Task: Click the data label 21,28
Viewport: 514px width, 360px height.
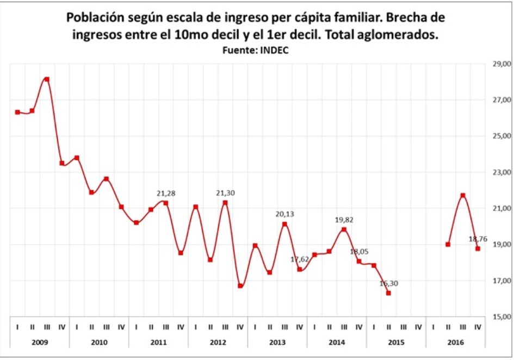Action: [166, 193]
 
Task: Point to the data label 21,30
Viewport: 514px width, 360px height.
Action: [225, 193]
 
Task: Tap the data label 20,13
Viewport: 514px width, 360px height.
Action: [284, 214]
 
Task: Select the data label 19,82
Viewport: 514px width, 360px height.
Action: [344, 219]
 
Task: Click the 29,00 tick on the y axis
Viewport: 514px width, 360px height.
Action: [501, 64]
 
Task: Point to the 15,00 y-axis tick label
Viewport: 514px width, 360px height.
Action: [501, 316]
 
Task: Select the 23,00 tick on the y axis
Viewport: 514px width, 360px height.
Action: [501, 172]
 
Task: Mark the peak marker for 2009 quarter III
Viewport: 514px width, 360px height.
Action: [47, 79]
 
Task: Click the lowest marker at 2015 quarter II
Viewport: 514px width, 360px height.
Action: [388, 293]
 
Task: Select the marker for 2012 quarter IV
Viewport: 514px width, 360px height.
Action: [240, 286]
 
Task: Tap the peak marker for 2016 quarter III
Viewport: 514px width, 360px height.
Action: [463, 195]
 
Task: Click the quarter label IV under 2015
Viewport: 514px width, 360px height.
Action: [418, 327]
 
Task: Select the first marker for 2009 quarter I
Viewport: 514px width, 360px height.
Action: [17, 112]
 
